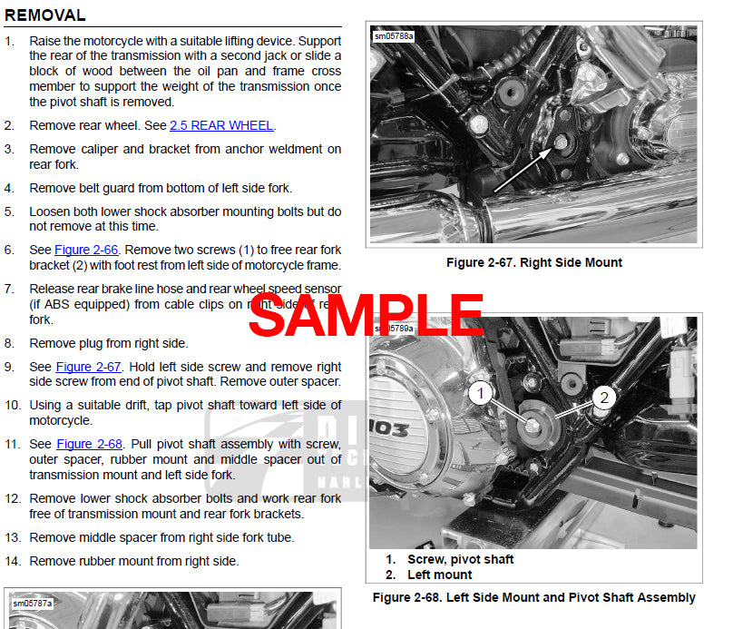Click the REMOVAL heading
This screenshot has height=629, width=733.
(x=45, y=15)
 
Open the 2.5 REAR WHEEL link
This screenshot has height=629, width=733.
(x=221, y=126)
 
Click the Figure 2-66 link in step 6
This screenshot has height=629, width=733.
(x=84, y=250)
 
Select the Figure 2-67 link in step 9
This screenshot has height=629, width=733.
(x=88, y=368)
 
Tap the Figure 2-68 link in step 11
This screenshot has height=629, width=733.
(x=88, y=445)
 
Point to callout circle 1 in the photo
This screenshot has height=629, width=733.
(x=482, y=394)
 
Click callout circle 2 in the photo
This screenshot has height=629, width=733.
(x=605, y=398)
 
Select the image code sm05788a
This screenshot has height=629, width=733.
(x=394, y=37)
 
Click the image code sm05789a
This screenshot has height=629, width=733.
(x=394, y=328)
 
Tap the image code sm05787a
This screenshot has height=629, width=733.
(x=33, y=603)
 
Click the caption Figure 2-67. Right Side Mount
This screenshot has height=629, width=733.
(x=533, y=263)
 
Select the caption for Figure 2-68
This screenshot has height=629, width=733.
(x=533, y=598)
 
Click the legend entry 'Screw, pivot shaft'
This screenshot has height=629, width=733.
(x=460, y=560)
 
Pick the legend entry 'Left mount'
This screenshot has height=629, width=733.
(x=439, y=575)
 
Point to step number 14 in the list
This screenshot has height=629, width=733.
(x=12, y=562)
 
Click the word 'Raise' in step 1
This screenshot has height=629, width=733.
(x=45, y=42)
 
